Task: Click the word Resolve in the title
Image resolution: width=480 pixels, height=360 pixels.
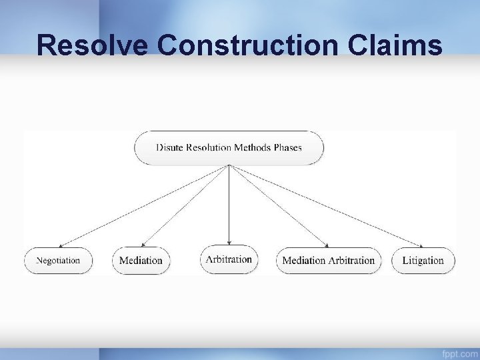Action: point(93,45)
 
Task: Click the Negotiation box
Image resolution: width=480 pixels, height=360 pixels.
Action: point(58,261)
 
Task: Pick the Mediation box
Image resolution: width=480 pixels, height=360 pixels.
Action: point(141,261)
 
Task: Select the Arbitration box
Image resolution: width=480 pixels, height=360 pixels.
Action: point(229,259)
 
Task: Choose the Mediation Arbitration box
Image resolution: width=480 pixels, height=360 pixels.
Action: point(329,261)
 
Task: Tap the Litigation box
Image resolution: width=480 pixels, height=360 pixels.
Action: point(423,261)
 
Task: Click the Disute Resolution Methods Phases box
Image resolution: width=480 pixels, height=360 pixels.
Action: point(229,147)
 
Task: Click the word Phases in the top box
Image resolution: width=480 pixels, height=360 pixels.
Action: point(287,147)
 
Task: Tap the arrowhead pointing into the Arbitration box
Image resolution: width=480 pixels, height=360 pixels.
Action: point(229,243)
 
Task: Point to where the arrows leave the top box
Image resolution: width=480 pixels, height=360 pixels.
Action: point(229,166)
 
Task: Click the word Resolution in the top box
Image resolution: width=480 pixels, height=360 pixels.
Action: point(209,147)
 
